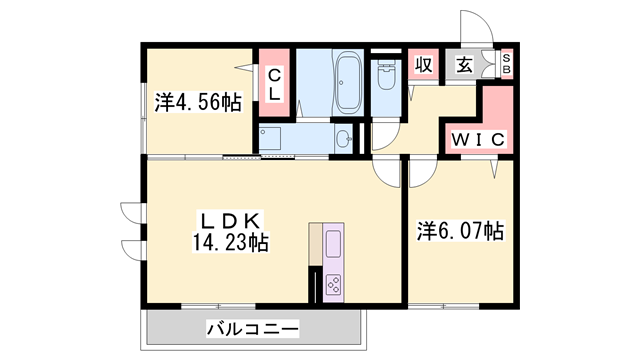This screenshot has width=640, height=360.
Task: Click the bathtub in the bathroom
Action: [x=348, y=84]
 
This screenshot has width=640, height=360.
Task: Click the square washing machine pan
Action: [x=272, y=138]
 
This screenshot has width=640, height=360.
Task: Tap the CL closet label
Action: [x=273, y=83]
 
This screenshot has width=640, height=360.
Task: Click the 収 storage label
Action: [x=424, y=65]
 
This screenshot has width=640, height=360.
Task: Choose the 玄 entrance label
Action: [x=465, y=65]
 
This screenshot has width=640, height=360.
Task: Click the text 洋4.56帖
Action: [x=197, y=101]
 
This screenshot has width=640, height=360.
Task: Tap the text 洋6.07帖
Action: [x=459, y=231]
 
